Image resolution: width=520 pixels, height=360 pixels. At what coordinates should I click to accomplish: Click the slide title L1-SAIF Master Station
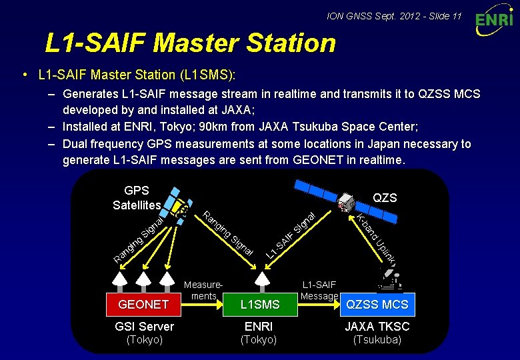tap(190, 43)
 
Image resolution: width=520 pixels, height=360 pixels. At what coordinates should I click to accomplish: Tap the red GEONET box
tap(143, 305)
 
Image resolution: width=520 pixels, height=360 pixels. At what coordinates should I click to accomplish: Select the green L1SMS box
tap(260, 305)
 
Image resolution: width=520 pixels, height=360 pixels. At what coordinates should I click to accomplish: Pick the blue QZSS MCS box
tap(377, 305)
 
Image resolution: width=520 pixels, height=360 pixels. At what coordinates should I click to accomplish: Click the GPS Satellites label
tap(137, 198)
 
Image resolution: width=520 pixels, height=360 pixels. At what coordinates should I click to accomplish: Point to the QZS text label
tap(385, 197)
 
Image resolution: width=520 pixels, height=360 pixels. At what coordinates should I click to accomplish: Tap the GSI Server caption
tap(144, 326)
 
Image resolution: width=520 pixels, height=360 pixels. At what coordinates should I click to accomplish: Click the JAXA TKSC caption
tap(377, 326)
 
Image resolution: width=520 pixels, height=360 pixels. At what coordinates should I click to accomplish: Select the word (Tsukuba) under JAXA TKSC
tap(377, 339)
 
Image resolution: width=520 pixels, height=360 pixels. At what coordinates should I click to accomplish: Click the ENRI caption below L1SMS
tap(260, 326)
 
